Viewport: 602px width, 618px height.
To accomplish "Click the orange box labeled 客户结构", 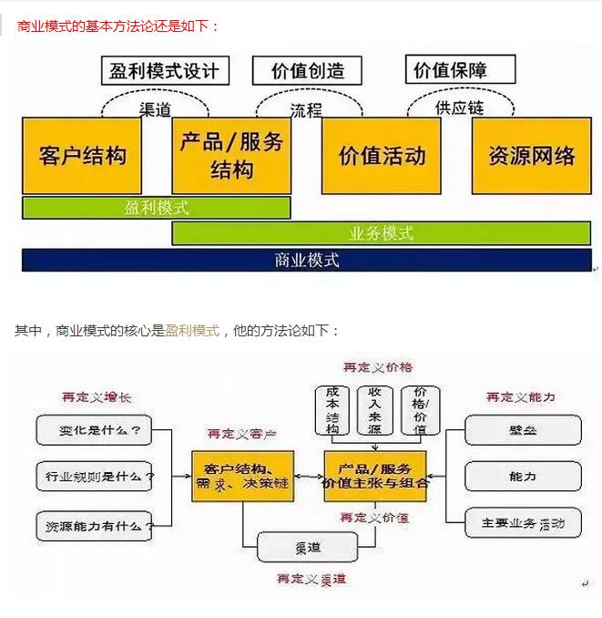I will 81,155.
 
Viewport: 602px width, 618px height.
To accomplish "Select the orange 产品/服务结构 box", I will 231,155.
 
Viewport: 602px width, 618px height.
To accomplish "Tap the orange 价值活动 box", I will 382,155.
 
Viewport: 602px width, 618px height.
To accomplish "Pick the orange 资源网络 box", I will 532,155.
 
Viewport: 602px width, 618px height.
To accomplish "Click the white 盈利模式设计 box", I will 164,71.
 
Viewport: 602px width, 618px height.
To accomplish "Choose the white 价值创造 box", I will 308,71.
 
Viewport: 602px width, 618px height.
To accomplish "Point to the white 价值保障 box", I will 462,69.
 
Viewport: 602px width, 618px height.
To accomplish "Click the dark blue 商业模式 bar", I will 307,260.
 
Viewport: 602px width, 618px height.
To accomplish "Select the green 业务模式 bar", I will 381,233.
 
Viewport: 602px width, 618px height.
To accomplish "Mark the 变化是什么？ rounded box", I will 94,428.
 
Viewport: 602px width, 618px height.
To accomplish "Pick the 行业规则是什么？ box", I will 94,476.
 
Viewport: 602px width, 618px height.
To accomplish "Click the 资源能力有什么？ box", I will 94,525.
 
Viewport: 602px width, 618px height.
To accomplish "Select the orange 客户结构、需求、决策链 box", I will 243,476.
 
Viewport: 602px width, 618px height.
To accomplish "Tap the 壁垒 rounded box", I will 523,428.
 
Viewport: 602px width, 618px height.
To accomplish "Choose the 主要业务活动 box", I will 523,524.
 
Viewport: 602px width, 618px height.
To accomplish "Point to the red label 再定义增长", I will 97,397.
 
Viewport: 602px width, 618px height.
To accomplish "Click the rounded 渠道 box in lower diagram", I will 307,548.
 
